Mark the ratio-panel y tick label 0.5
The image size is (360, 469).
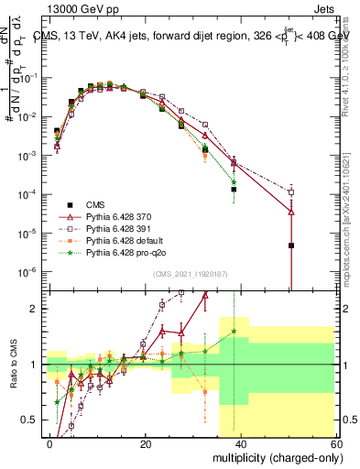coord(32,420)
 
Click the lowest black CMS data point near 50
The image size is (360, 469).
coord(290,245)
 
